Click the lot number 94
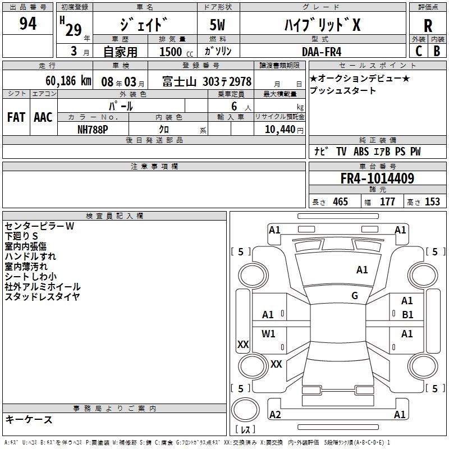[x=28, y=24]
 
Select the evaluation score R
[x=428, y=26]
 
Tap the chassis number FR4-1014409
[x=377, y=179]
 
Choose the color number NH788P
[x=94, y=129]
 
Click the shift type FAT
[x=16, y=117]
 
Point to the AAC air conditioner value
[x=43, y=117]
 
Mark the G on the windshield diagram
[x=355, y=296]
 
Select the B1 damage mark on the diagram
[x=407, y=315]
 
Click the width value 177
[x=388, y=202]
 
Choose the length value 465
[x=340, y=202]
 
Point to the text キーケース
[x=29, y=419]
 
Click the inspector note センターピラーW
[x=39, y=226]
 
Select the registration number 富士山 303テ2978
[x=207, y=81]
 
